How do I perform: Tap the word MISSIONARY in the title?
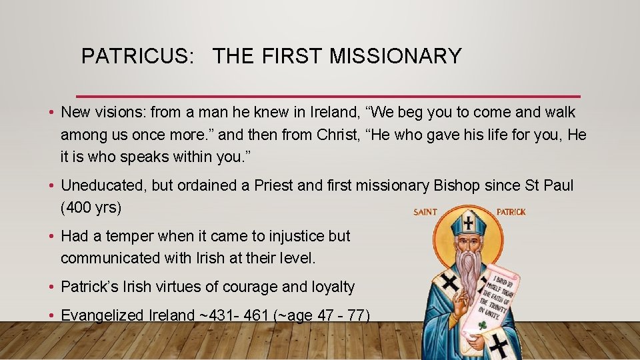tap(395, 57)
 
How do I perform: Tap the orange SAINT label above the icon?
tap(425, 212)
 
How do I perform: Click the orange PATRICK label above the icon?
tap(511, 212)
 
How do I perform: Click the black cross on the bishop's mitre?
tap(470, 223)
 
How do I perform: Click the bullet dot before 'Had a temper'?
tap(51, 236)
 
